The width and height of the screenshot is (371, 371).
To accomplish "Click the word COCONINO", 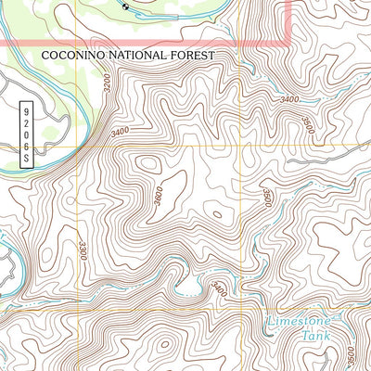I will [72, 56].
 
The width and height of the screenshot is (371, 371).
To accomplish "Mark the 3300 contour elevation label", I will [83, 249].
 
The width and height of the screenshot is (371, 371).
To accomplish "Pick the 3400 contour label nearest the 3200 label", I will [119, 133].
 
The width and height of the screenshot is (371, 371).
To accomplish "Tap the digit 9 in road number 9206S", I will [25, 109].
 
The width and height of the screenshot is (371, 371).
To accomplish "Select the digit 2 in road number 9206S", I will [25, 122].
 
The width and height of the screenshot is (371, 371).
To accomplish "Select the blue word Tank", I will [313, 338].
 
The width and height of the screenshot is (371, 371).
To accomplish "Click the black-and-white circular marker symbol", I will [126, 5].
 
